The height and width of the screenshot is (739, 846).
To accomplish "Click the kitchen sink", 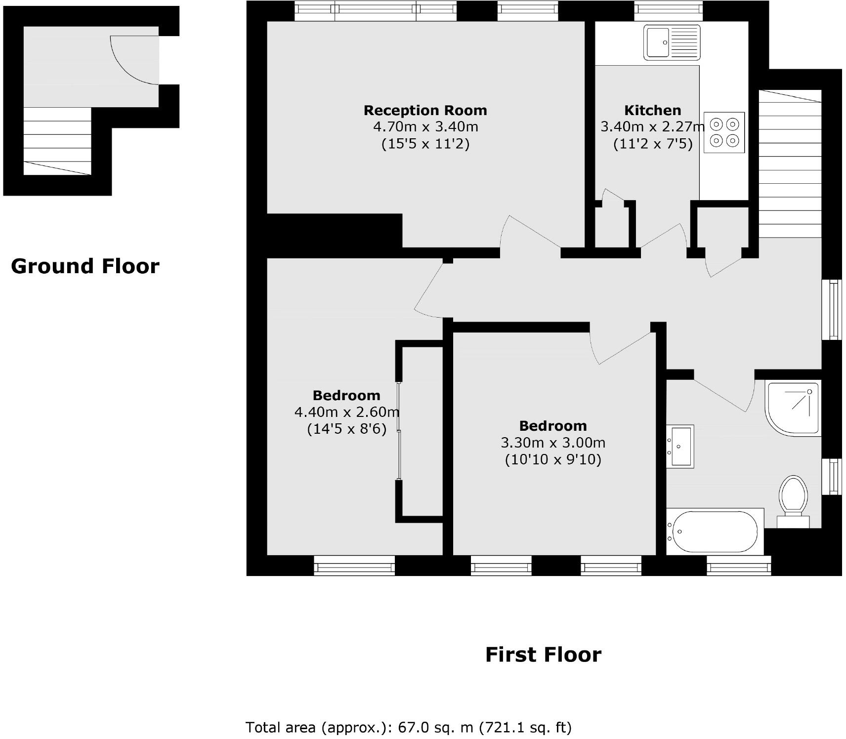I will pyautogui.click(x=672, y=42).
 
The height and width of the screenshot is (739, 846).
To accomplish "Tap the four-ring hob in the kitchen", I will pyautogui.click(x=724, y=132).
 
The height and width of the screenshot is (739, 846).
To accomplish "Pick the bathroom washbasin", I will pyautogui.click(x=680, y=446).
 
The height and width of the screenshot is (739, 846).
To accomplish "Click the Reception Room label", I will pyautogui.click(x=425, y=110).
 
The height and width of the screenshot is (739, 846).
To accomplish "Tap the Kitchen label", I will pyautogui.click(x=652, y=110).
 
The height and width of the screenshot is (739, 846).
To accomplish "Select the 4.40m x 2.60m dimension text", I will pyautogui.click(x=346, y=411).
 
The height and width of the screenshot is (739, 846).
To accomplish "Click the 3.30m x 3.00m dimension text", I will pyautogui.click(x=552, y=443).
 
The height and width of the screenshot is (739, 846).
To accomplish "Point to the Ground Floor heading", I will pyautogui.click(x=85, y=266).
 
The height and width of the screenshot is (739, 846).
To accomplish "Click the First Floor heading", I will pyautogui.click(x=543, y=655).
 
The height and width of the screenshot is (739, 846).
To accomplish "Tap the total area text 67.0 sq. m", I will pyautogui.click(x=408, y=727).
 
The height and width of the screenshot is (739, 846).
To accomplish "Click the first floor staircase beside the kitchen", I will pyautogui.click(x=790, y=163).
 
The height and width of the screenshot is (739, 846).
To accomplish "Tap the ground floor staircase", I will pyautogui.click(x=57, y=141).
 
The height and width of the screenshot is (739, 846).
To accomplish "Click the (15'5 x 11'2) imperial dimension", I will pyautogui.click(x=425, y=144).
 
